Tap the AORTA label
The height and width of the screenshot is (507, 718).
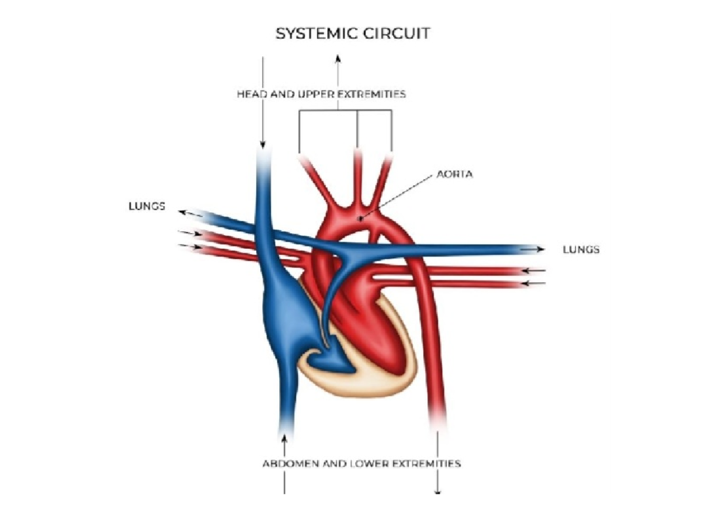[455, 174]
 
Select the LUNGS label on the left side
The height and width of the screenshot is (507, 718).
[147, 206]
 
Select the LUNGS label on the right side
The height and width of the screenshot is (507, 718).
[580, 249]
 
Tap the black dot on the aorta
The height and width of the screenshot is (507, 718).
[360, 219]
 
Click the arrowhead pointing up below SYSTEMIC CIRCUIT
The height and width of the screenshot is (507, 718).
[337, 57]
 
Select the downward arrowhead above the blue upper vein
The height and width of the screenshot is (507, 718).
[262, 146]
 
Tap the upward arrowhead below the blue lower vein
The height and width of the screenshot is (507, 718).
[284, 440]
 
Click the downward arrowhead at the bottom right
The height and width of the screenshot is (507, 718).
[439, 492]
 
